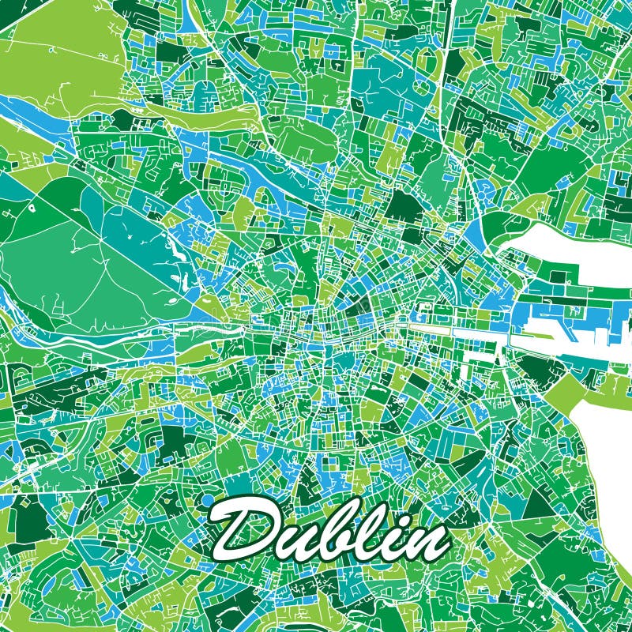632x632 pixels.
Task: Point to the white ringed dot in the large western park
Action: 32,208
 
